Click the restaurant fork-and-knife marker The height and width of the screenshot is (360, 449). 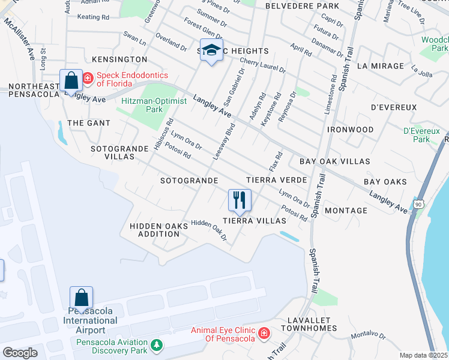[240, 200]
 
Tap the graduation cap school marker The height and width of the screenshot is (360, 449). [211, 51]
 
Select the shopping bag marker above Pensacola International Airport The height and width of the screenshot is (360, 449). [81, 298]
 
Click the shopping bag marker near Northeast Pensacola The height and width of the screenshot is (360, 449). [71, 81]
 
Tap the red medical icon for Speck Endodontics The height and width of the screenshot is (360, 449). [88, 77]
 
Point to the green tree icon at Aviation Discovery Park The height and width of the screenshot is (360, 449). [157, 345]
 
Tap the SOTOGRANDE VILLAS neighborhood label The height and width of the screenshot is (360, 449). [115, 152]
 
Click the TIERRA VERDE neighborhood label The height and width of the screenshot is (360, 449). [277, 180]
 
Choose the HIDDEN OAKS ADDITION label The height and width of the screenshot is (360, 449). [154, 230]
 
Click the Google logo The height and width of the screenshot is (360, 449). [20, 353]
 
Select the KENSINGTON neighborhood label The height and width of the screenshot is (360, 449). [119, 59]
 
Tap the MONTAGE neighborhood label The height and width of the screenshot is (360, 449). [346, 211]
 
